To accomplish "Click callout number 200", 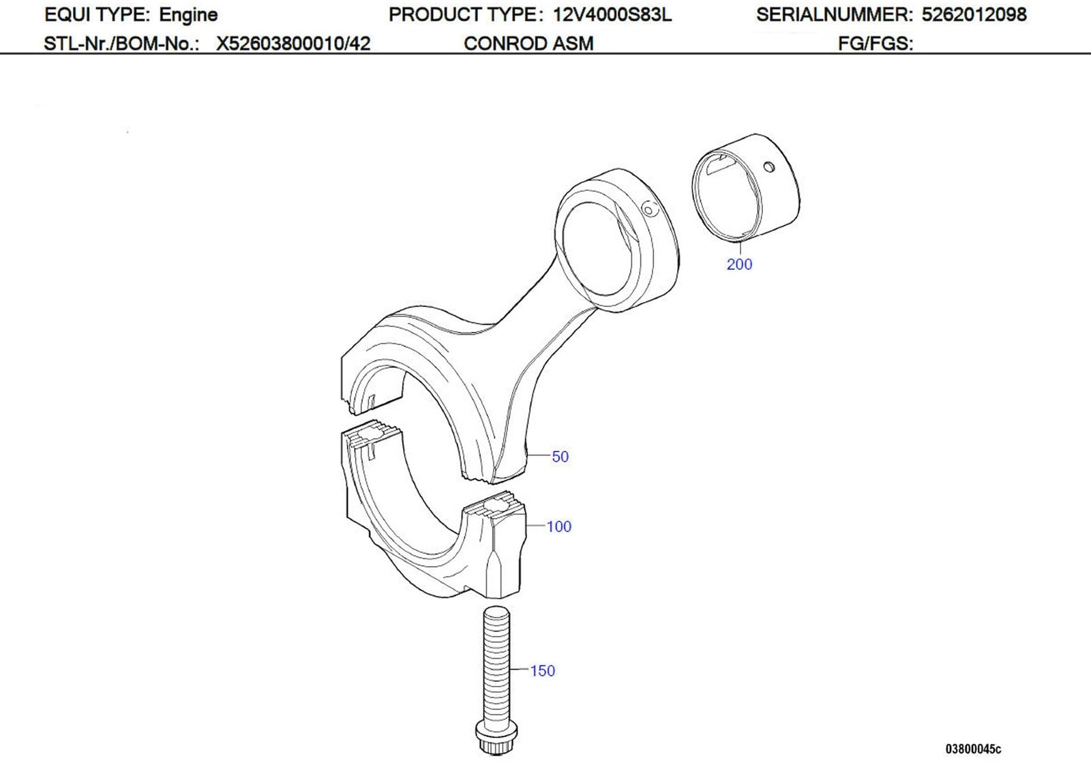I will [x=739, y=265].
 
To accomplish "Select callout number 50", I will [x=560, y=457].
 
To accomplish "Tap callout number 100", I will [x=559, y=526].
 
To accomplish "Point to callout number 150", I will [x=543, y=671].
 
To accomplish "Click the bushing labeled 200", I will [x=747, y=188].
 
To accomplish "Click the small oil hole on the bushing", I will [x=770, y=167].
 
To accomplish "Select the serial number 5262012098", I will [x=974, y=14].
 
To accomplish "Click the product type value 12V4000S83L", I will [x=612, y=14].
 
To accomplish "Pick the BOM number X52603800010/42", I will [x=293, y=44].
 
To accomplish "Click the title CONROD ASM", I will [x=528, y=44].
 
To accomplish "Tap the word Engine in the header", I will [x=188, y=14].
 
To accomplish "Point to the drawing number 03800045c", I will [x=973, y=749].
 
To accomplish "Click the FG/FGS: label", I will [x=876, y=44].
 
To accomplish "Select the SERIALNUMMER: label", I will [x=834, y=14].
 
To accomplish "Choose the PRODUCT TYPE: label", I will [x=466, y=14].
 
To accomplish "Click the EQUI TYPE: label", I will [x=97, y=14].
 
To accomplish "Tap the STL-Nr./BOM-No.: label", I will [x=121, y=44].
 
